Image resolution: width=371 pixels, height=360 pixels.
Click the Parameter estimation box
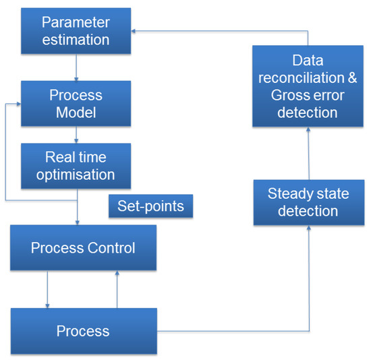(76, 31)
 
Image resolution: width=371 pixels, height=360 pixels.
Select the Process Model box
(76, 103)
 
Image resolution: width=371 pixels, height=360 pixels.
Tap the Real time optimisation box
(76, 166)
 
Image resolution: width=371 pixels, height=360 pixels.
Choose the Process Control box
(83, 248)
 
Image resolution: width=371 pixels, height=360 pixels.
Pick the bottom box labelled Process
(83, 331)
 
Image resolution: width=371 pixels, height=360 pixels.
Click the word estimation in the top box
(76, 40)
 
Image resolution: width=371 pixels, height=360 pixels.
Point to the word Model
(76, 112)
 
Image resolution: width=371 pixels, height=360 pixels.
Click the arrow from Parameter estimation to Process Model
(76, 69)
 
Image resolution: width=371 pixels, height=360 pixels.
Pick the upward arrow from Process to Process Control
(117, 290)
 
